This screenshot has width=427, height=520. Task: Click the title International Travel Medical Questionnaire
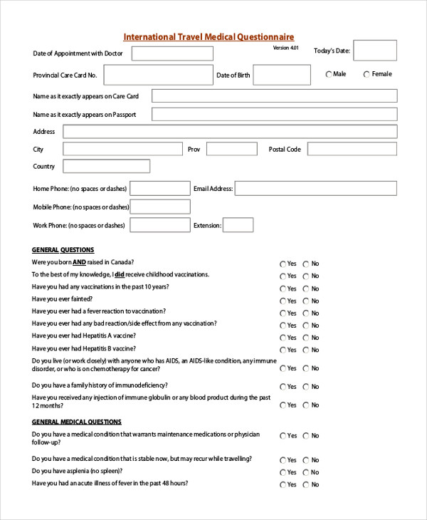coord(209,37)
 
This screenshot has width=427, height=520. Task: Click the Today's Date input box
coord(375,51)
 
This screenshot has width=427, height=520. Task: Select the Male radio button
coord(329,74)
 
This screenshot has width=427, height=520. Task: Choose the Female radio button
coord(367,74)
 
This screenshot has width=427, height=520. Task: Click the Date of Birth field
coord(282,75)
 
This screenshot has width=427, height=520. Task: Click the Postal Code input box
coord(352,149)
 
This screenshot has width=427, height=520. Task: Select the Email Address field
coord(315,188)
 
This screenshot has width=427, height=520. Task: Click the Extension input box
coord(238,225)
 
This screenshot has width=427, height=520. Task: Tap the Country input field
coord(107,166)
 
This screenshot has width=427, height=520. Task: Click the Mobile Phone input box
coord(160,207)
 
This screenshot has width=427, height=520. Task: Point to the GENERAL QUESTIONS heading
coord(63,250)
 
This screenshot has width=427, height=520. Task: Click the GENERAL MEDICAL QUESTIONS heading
coord(77,422)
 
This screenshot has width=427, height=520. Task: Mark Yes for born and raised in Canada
coord(283,264)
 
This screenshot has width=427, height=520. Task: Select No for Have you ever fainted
coord(306,301)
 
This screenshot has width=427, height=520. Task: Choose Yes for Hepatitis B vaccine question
coord(283,350)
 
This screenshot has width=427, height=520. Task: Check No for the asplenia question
coord(306,472)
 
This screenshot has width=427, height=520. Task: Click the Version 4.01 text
coord(285,48)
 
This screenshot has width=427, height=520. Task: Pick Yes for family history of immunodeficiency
coord(283,387)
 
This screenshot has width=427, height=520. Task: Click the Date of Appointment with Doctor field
coord(172,53)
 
